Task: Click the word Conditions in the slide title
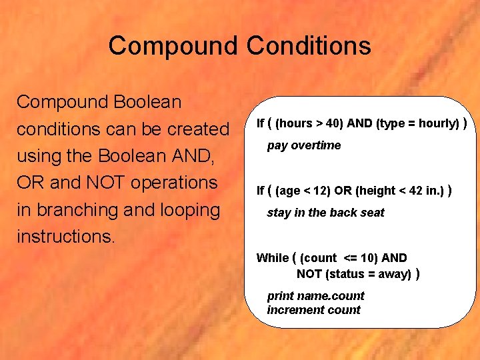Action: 309,46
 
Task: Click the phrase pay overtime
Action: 304,145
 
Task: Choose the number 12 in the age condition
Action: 323,191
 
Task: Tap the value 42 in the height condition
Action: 417,191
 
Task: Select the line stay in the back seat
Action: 325,213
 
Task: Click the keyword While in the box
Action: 273,257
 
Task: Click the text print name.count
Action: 315,295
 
